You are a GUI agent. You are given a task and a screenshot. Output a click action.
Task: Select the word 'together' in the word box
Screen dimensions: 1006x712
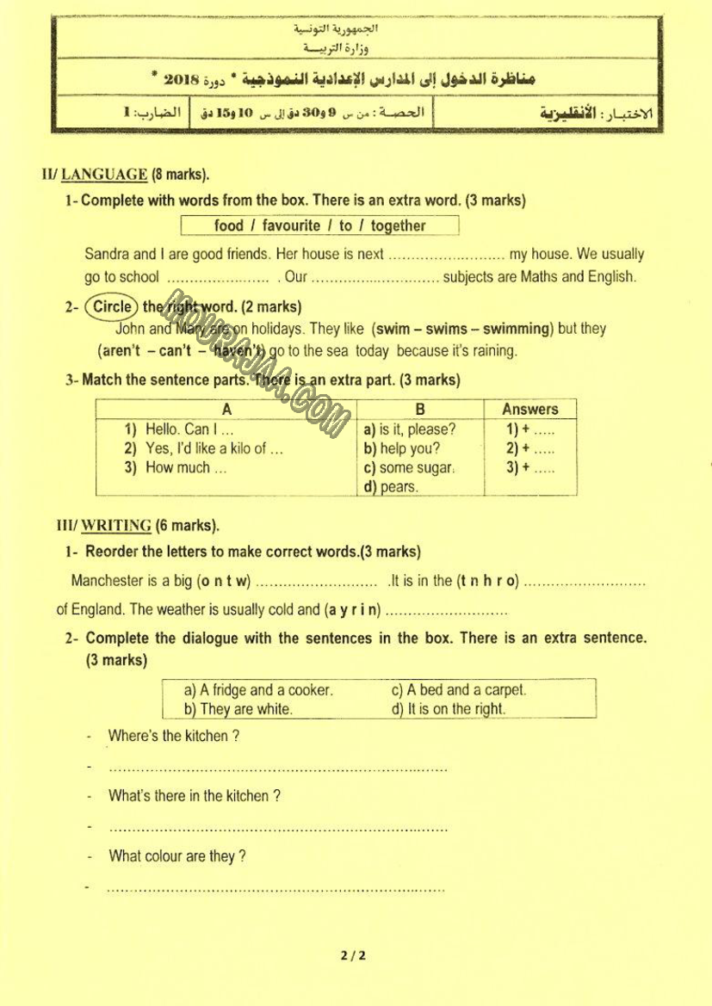pyautogui.click(x=398, y=225)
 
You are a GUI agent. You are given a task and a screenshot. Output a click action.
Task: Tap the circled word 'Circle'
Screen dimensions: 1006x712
pyautogui.click(x=112, y=306)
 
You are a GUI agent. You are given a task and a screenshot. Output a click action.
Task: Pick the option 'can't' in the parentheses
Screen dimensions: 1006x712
pyautogui.click(x=175, y=351)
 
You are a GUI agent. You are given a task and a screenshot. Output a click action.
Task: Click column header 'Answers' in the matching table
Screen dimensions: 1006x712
pyautogui.click(x=529, y=410)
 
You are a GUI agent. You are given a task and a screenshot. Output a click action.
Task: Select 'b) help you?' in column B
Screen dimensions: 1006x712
pyautogui.click(x=401, y=448)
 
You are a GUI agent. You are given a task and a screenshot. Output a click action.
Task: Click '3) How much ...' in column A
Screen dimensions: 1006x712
pyautogui.click(x=176, y=468)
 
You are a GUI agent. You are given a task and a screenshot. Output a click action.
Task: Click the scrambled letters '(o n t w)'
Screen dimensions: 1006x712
pyautogui.click(x=223, y=581)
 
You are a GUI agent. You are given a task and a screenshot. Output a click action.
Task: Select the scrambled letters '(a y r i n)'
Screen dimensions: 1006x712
pyautogui.click(x=352, y=610)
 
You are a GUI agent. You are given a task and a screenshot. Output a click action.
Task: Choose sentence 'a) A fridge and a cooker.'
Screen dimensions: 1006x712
pyautogui.click(x=258, y=690)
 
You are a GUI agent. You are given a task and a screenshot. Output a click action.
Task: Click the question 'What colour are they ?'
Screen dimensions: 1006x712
pyautogui.click(x=176, y=856)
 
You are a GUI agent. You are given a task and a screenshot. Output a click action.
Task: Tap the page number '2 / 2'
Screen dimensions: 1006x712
pyautogui.click(x=353, y=955)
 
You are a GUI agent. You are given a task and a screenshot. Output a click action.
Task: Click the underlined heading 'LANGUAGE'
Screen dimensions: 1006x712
pyautogui.click(x=104, y=175)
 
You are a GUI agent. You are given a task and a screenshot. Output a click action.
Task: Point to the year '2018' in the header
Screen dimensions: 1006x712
pyautogui.click(x=182, y=79)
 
